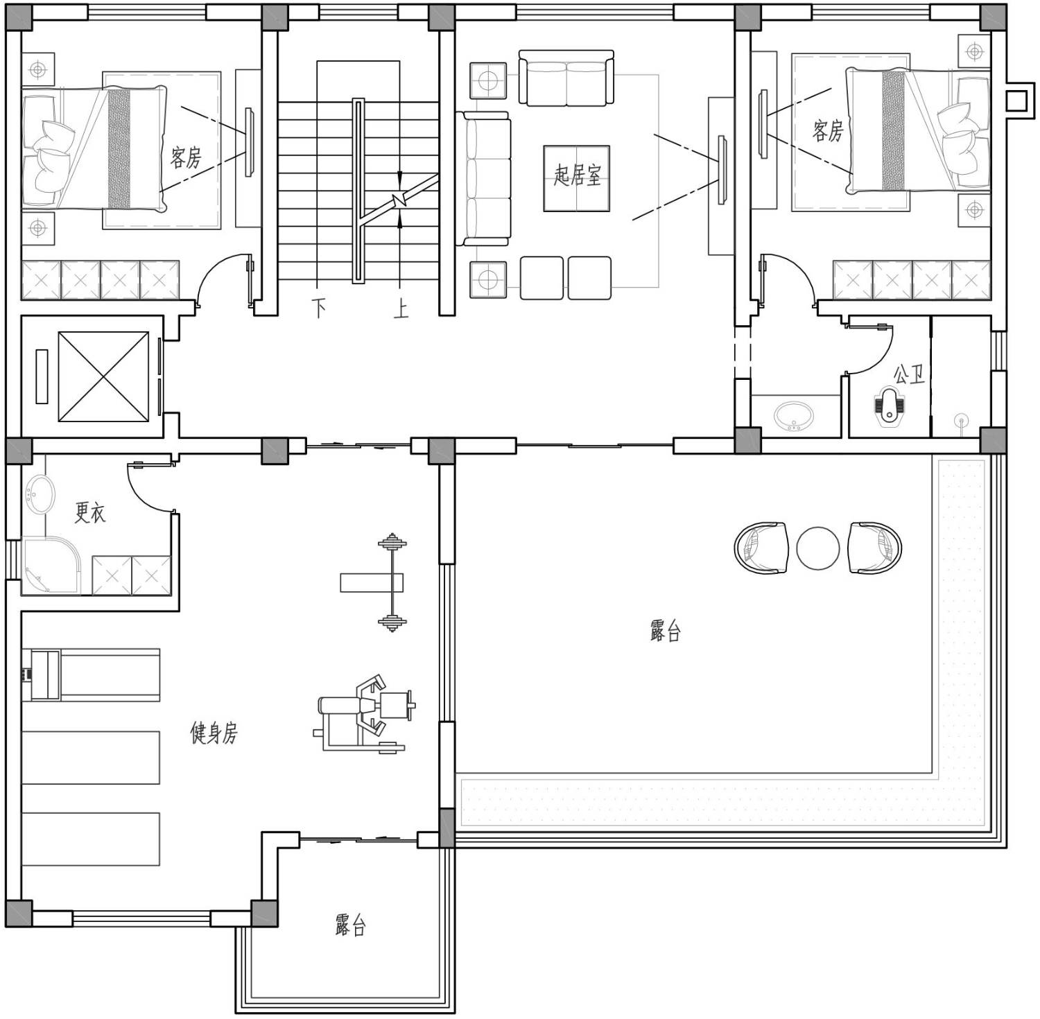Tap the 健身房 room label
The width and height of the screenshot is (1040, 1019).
click(214, 732)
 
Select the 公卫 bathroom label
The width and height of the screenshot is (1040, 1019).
click(908, 375)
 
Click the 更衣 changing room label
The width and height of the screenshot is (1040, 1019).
click(90, 512)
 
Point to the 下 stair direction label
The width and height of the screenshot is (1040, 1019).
click(319, 308)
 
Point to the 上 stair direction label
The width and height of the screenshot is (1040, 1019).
click(401, 308)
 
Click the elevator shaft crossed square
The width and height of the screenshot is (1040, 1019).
click(103, 376)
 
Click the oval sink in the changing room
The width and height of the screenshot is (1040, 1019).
click(40, 495)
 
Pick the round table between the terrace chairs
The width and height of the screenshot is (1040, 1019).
click(818, 548)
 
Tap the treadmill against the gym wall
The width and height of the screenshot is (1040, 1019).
click(91, 674)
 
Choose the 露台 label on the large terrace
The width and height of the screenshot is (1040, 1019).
click(666, 631)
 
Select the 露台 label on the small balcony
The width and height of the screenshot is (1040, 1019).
click(350, 925)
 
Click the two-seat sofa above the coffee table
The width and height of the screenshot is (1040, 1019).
click(566, 78)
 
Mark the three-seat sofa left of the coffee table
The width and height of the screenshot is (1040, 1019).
click(484, 179)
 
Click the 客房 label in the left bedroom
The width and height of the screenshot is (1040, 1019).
click(186, 157)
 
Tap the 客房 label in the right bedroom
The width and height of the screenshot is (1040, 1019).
click(828, 130)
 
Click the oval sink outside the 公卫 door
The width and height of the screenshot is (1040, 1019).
click(795, 416)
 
